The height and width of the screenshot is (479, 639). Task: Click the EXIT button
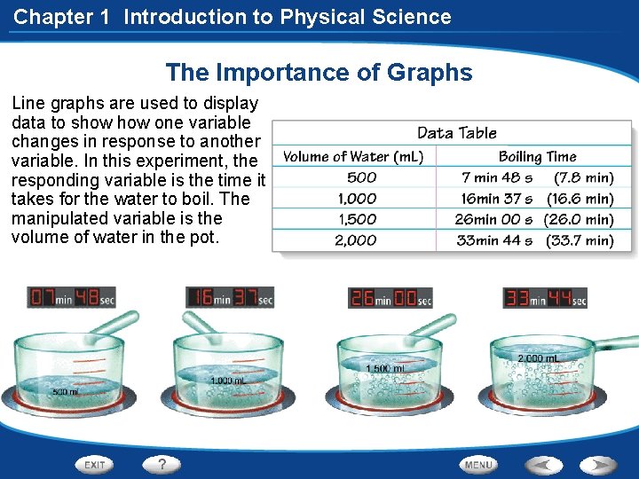(x=95, y=464)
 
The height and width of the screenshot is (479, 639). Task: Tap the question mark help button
(x=162, y=464)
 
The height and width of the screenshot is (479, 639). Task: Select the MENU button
(x=478, y=464)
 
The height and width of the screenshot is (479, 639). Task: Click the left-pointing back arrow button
(x=543, y=464)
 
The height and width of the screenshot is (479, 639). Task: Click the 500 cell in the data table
(x=361, y=177)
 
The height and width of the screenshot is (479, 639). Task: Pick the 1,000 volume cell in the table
(x=357, y=199)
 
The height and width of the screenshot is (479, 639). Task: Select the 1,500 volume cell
(x=357, y=219)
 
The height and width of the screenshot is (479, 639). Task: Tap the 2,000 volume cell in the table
(x=356, y=240)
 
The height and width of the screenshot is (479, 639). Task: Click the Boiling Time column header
(x=538, y=157)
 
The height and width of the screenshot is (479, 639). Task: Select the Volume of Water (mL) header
(x=353, y=157)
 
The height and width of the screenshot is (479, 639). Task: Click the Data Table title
(x=457, y=133)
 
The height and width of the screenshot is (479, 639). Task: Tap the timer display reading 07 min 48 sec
(x=72, y=298)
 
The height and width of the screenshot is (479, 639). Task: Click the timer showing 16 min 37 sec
(x=230, y=298)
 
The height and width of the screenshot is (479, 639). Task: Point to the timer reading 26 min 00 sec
(x=390, y=298)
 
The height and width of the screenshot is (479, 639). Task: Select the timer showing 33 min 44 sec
(x=545, y=298)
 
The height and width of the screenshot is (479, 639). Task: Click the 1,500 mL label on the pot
(x=386, y=368)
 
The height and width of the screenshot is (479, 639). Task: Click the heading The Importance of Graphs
(x=319, y=73)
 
